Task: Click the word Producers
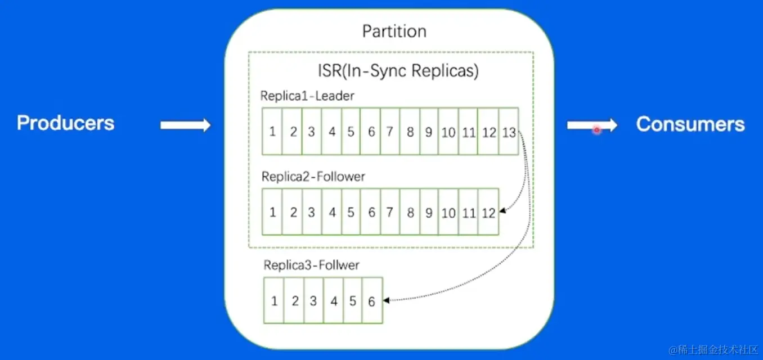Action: (x=66, y=123)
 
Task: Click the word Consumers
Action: (x=690, y=124)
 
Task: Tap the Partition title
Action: (x=394, y=31)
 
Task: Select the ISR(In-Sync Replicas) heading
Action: (x=398, y=70)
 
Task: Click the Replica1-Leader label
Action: (x=307, y=96)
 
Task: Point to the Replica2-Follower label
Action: (x=313, y=177)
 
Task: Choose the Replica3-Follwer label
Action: (x=311, y=265)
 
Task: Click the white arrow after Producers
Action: (x=186, y=125)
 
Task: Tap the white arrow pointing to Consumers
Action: (x=592, y=125)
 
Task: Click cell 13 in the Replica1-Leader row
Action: (x=509, y=132)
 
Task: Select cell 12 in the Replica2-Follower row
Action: (x=488, y=212)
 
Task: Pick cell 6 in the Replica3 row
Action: (x=372, y=300)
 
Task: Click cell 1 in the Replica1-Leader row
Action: (x=272, y=132)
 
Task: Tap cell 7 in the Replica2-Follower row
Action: (x=390, y=212)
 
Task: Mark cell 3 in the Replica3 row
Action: (x=314, y=300)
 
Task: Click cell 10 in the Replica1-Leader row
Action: (x=448, y=132)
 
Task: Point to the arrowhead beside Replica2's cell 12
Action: (x=503, y=211)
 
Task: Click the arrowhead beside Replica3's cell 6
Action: (x=386, y=300)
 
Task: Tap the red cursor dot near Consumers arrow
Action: (x=597, y=130)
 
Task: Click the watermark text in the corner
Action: (x=713, y=350)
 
